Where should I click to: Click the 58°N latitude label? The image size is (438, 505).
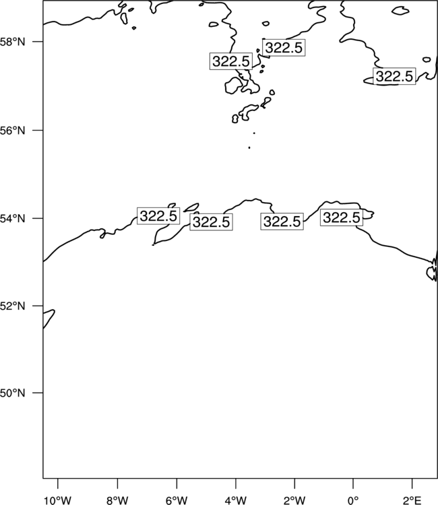point(12,42)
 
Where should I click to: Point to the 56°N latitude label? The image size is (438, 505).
point(12,131)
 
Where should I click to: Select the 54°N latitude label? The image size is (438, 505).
point(12,219)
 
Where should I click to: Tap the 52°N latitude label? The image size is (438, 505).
point(12,306)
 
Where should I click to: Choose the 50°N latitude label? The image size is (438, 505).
point(12,393)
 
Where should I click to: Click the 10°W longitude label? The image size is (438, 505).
point(58,500)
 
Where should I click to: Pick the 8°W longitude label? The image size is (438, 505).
point(117,500)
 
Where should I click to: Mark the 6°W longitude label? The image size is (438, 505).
point(177,500)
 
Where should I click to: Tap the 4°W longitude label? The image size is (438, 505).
point(236,500)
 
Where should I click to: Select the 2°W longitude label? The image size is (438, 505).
point(294,500)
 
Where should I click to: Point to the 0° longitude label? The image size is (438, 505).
point(353,500)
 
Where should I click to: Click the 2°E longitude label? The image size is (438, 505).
point(412,500)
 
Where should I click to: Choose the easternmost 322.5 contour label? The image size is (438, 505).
point(394,76)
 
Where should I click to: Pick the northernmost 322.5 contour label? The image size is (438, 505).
point(284,48)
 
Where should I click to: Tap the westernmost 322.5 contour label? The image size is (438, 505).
point(158,215)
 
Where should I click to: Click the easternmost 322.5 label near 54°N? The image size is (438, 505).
point(342,217)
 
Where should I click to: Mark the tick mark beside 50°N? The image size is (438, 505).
point(37,393)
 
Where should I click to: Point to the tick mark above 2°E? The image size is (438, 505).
point(412,483)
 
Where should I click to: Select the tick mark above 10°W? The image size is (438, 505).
point(58,483)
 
